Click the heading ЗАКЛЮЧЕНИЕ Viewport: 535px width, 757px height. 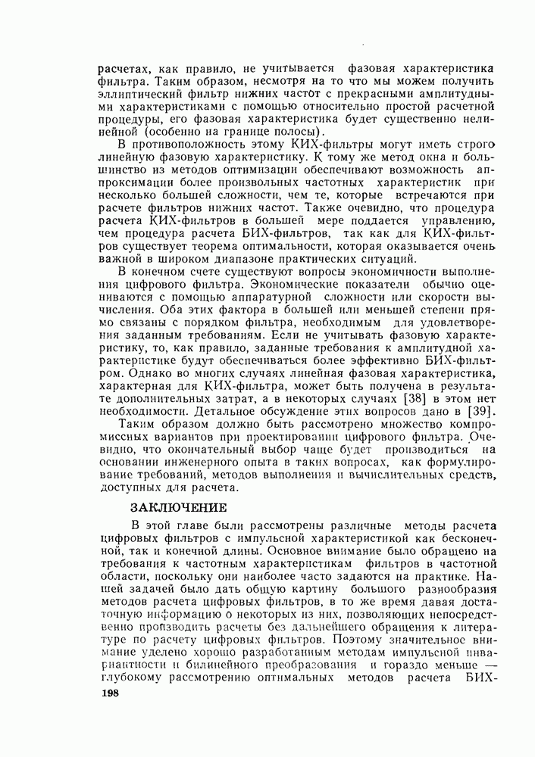(179, 506)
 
